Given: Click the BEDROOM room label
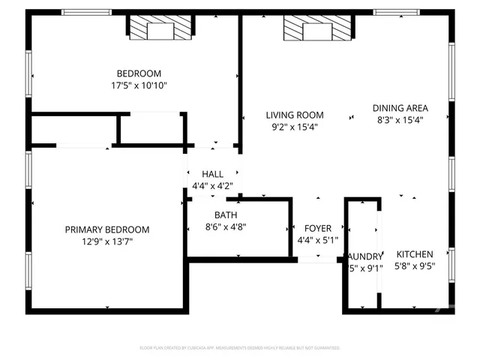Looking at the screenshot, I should (x=139, y=73).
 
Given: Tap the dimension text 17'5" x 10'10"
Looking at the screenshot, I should (x=139, y=85).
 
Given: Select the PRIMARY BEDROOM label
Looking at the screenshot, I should (x=106, y=229).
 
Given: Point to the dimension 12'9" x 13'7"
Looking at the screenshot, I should (x=106, y=241).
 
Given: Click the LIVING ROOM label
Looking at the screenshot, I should (x=295, y=115).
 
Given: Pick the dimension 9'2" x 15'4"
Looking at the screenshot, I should (x=295, y=127).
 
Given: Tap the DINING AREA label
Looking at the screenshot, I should (x=400, y=107).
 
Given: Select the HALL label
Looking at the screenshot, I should (x=212, y=174).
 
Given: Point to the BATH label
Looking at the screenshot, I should (x=226, y=214).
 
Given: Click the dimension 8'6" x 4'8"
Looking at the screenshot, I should (x=226, y=226).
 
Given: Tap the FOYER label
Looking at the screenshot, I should (x=317, y=228).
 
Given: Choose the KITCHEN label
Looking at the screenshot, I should (x=415, y=253).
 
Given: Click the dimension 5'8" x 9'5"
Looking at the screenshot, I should (x=415, y=265).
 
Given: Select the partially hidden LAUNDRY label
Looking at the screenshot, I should (x=366, y=256).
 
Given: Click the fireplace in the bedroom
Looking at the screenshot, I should (x=158, y=30).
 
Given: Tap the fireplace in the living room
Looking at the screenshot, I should (x=316, y=30).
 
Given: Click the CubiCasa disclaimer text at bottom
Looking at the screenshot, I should (x=240, y=348).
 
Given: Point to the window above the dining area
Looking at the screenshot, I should (x=397, y=12).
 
